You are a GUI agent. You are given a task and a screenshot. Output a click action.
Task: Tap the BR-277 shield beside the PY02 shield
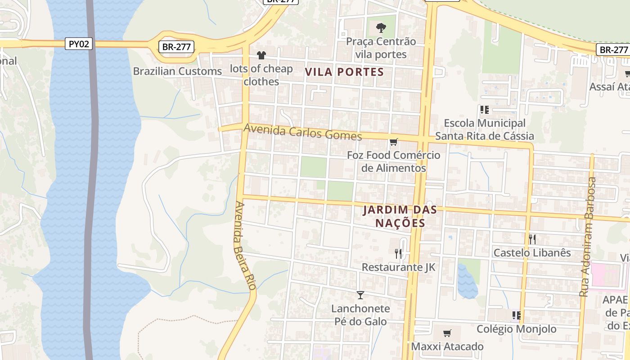point(176,46)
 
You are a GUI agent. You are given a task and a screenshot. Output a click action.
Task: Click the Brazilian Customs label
point(177,71)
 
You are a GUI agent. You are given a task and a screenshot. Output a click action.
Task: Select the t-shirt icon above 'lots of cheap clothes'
point(261,55)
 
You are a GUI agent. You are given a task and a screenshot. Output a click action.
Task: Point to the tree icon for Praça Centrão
point(381,28)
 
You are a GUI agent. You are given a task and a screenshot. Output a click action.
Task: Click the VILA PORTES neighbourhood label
point(345,72)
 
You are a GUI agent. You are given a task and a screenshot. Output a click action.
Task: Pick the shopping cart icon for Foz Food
point(393,142)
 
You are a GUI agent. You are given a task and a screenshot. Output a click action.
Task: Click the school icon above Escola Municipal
point(484,110)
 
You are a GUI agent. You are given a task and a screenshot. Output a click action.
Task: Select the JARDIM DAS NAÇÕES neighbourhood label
point(394,216)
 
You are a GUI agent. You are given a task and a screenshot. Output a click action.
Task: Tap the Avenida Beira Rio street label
point(245,245)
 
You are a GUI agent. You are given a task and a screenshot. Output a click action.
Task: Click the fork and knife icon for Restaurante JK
point(398,254)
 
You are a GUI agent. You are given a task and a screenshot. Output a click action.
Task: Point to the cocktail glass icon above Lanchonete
point(360,295)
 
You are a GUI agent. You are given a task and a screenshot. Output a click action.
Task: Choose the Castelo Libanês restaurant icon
point(532,239)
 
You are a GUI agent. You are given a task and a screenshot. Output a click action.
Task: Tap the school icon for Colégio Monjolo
point(516,315)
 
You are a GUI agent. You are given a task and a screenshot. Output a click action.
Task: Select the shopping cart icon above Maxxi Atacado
point(447,333)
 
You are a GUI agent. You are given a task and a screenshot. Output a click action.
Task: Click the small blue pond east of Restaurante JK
point(467,282)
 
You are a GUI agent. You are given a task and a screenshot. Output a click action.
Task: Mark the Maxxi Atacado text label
point(447,346)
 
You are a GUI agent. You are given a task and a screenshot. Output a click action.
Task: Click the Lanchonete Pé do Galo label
point(360,315)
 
